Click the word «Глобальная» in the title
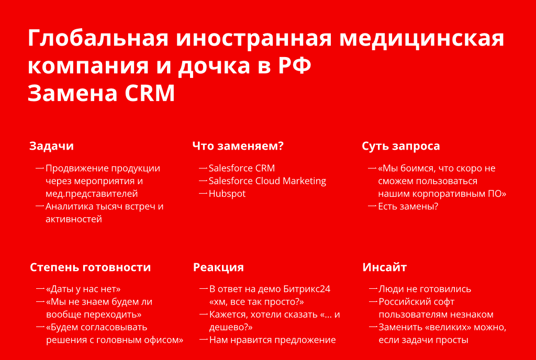98,38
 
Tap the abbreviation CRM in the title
150,93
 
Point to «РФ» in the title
294,65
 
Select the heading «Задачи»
52,146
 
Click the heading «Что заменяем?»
238,146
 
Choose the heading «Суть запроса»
400,146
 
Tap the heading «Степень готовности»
90,267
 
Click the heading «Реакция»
218,267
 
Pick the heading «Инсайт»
385,267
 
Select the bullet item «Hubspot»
227,194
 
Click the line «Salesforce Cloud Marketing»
267,181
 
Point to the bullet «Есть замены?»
408,206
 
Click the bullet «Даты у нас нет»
83,289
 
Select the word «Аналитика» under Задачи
69,206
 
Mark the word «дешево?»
231,327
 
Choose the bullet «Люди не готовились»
425,289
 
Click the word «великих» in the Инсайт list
448,327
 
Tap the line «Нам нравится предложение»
272,340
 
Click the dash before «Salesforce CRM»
203,168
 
